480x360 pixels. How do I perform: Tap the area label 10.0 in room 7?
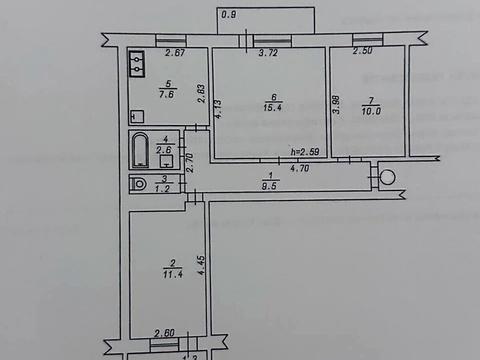[369, 110]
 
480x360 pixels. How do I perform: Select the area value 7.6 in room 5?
[168, 97]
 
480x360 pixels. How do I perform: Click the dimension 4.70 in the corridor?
[298, 168]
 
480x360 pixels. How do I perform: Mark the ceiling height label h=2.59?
[304, 152]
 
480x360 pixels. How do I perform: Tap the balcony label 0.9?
[229, 14]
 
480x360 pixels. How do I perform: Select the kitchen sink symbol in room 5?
[137, 65]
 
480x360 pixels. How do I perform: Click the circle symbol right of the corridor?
[387, 177]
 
